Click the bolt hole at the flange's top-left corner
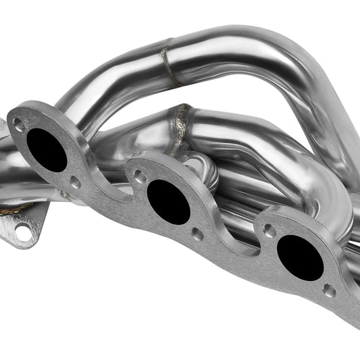pos(19,125)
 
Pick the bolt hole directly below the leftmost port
pos(75,182)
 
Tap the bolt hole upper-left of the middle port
pos(140,178)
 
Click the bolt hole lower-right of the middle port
pos(197,234)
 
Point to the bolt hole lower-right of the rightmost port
pos(329,290)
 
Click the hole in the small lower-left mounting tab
pos(24,233)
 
